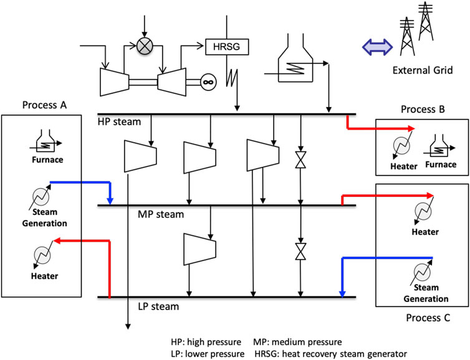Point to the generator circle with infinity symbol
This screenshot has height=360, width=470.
[207, 80]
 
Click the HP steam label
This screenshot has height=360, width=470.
[120, 121]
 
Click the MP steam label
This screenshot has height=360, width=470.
[161, 214]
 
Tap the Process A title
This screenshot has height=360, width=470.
[44, 105]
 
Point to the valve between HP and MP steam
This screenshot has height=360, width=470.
[300, 161]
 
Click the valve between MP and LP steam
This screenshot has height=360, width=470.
[300, 252]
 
